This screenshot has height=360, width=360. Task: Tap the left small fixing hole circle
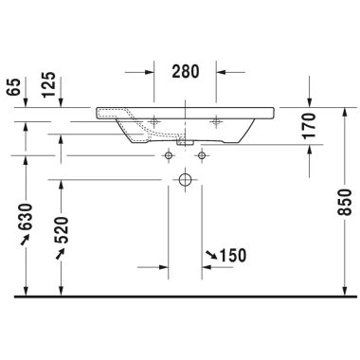coord(169,153)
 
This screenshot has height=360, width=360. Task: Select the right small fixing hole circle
coord(202,153)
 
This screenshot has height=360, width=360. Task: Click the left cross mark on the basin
coord(153,121)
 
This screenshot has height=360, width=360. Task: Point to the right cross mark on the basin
coord(217,121)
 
